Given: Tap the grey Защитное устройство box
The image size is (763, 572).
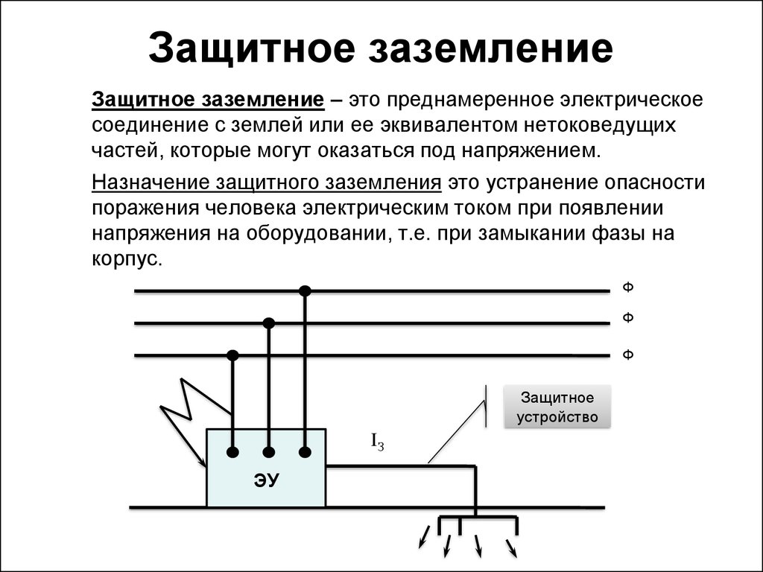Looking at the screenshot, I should click(x=558, y=407).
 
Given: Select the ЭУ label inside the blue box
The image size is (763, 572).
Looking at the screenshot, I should click(x=266, y=480).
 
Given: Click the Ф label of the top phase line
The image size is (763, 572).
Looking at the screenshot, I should click(x=627, y=288).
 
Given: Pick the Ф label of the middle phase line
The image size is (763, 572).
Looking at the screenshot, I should click(x=627, y=318).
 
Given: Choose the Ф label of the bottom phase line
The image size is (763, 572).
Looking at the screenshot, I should click(x=627, y=355).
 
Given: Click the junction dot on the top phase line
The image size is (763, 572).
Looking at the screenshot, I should click(x=304, y=290).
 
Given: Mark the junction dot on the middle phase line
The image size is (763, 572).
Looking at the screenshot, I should click(x=269, y=323).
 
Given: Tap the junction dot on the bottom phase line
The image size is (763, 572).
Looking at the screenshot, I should click(x=233, y=356).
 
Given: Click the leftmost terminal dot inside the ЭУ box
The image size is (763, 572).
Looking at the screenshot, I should click(x=233, y=452).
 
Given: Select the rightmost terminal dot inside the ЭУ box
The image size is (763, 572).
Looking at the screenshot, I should click(x=305, y=452).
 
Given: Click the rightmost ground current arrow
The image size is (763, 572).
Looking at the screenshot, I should click(x=512, y=549).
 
